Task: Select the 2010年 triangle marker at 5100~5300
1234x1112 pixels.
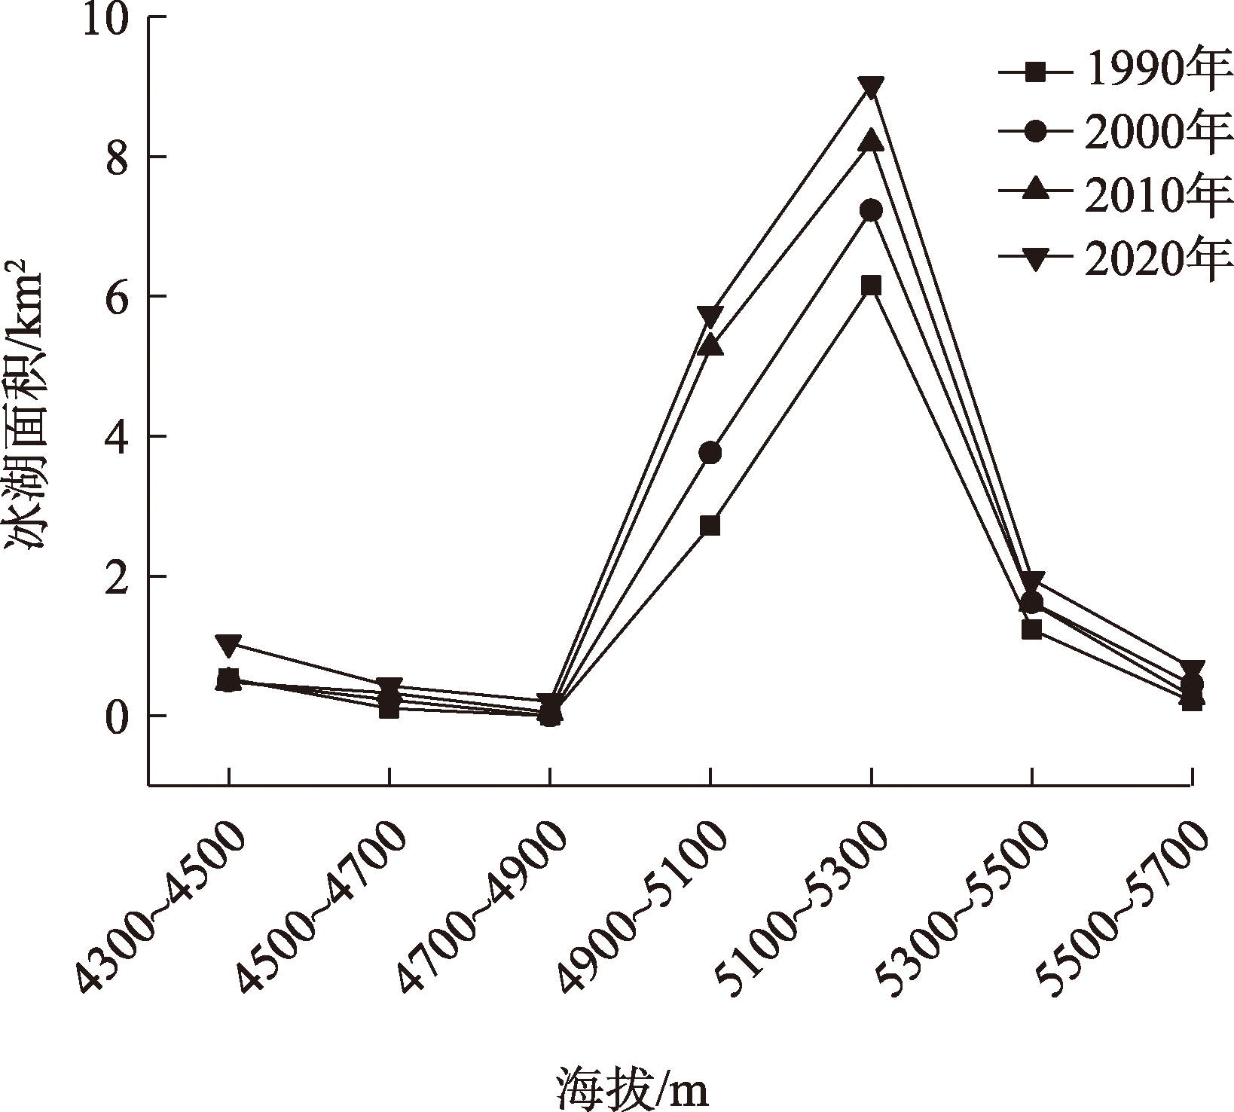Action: [x=871, y=141]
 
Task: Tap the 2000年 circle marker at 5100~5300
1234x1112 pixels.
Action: [x=871, y=209]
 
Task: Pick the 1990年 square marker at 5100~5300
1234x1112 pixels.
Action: [x=871, y=285]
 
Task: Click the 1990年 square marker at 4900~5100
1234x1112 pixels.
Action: [x=710, y=524]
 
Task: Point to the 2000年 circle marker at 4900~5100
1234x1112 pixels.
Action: [x=710, y=453]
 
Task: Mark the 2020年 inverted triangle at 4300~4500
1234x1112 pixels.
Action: [x=228, y=643]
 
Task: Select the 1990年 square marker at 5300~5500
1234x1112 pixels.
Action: [x=1031, y=628]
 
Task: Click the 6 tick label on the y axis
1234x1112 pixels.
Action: [x=117, y=297]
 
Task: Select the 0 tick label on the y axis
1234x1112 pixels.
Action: [x=117, y=716]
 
